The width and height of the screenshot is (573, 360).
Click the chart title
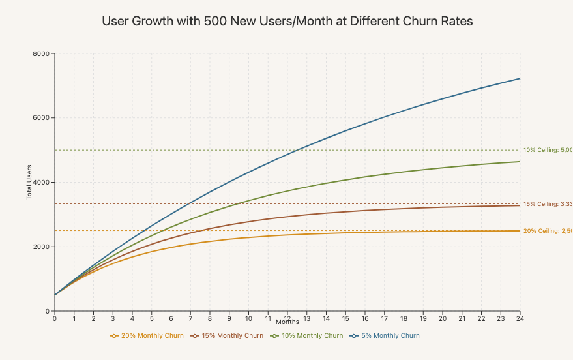(x=287, y=21)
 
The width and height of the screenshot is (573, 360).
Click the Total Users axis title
(x=29, y=183)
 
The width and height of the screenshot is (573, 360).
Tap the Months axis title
(x=287, y=322)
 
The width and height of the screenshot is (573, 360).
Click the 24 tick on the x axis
(x=520, y=318)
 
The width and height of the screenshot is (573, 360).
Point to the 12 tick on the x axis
(x=287, y=318)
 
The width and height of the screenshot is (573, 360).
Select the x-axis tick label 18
(x=404, y=318)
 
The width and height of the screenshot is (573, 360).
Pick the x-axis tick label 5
(x=151, y=318)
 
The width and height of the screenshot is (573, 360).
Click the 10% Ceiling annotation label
(x=548, y=150)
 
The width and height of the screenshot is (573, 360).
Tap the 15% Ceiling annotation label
(x=548, y=204)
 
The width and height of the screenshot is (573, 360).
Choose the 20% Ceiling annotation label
(x=548, y=231)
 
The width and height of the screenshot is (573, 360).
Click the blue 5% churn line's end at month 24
(x=520, y=78)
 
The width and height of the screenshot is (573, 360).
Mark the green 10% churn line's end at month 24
(x=520, y=162)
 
